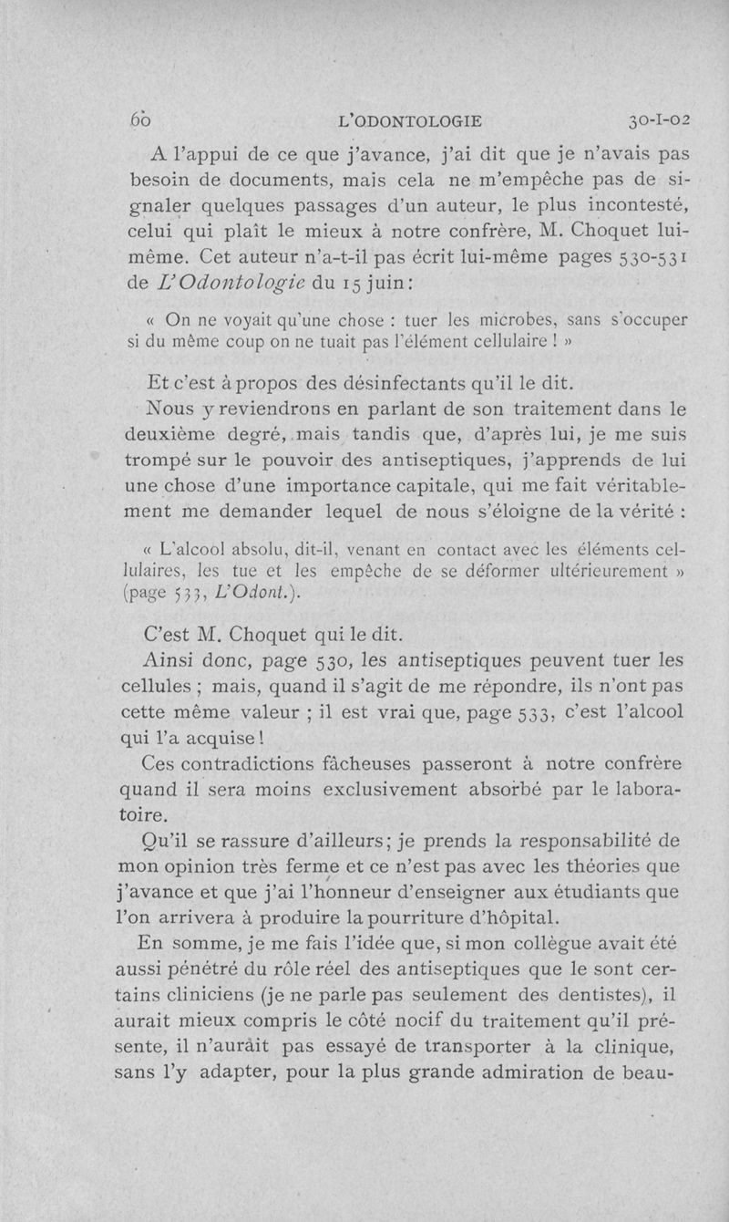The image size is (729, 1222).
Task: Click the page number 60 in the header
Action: [x=139, y=119]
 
